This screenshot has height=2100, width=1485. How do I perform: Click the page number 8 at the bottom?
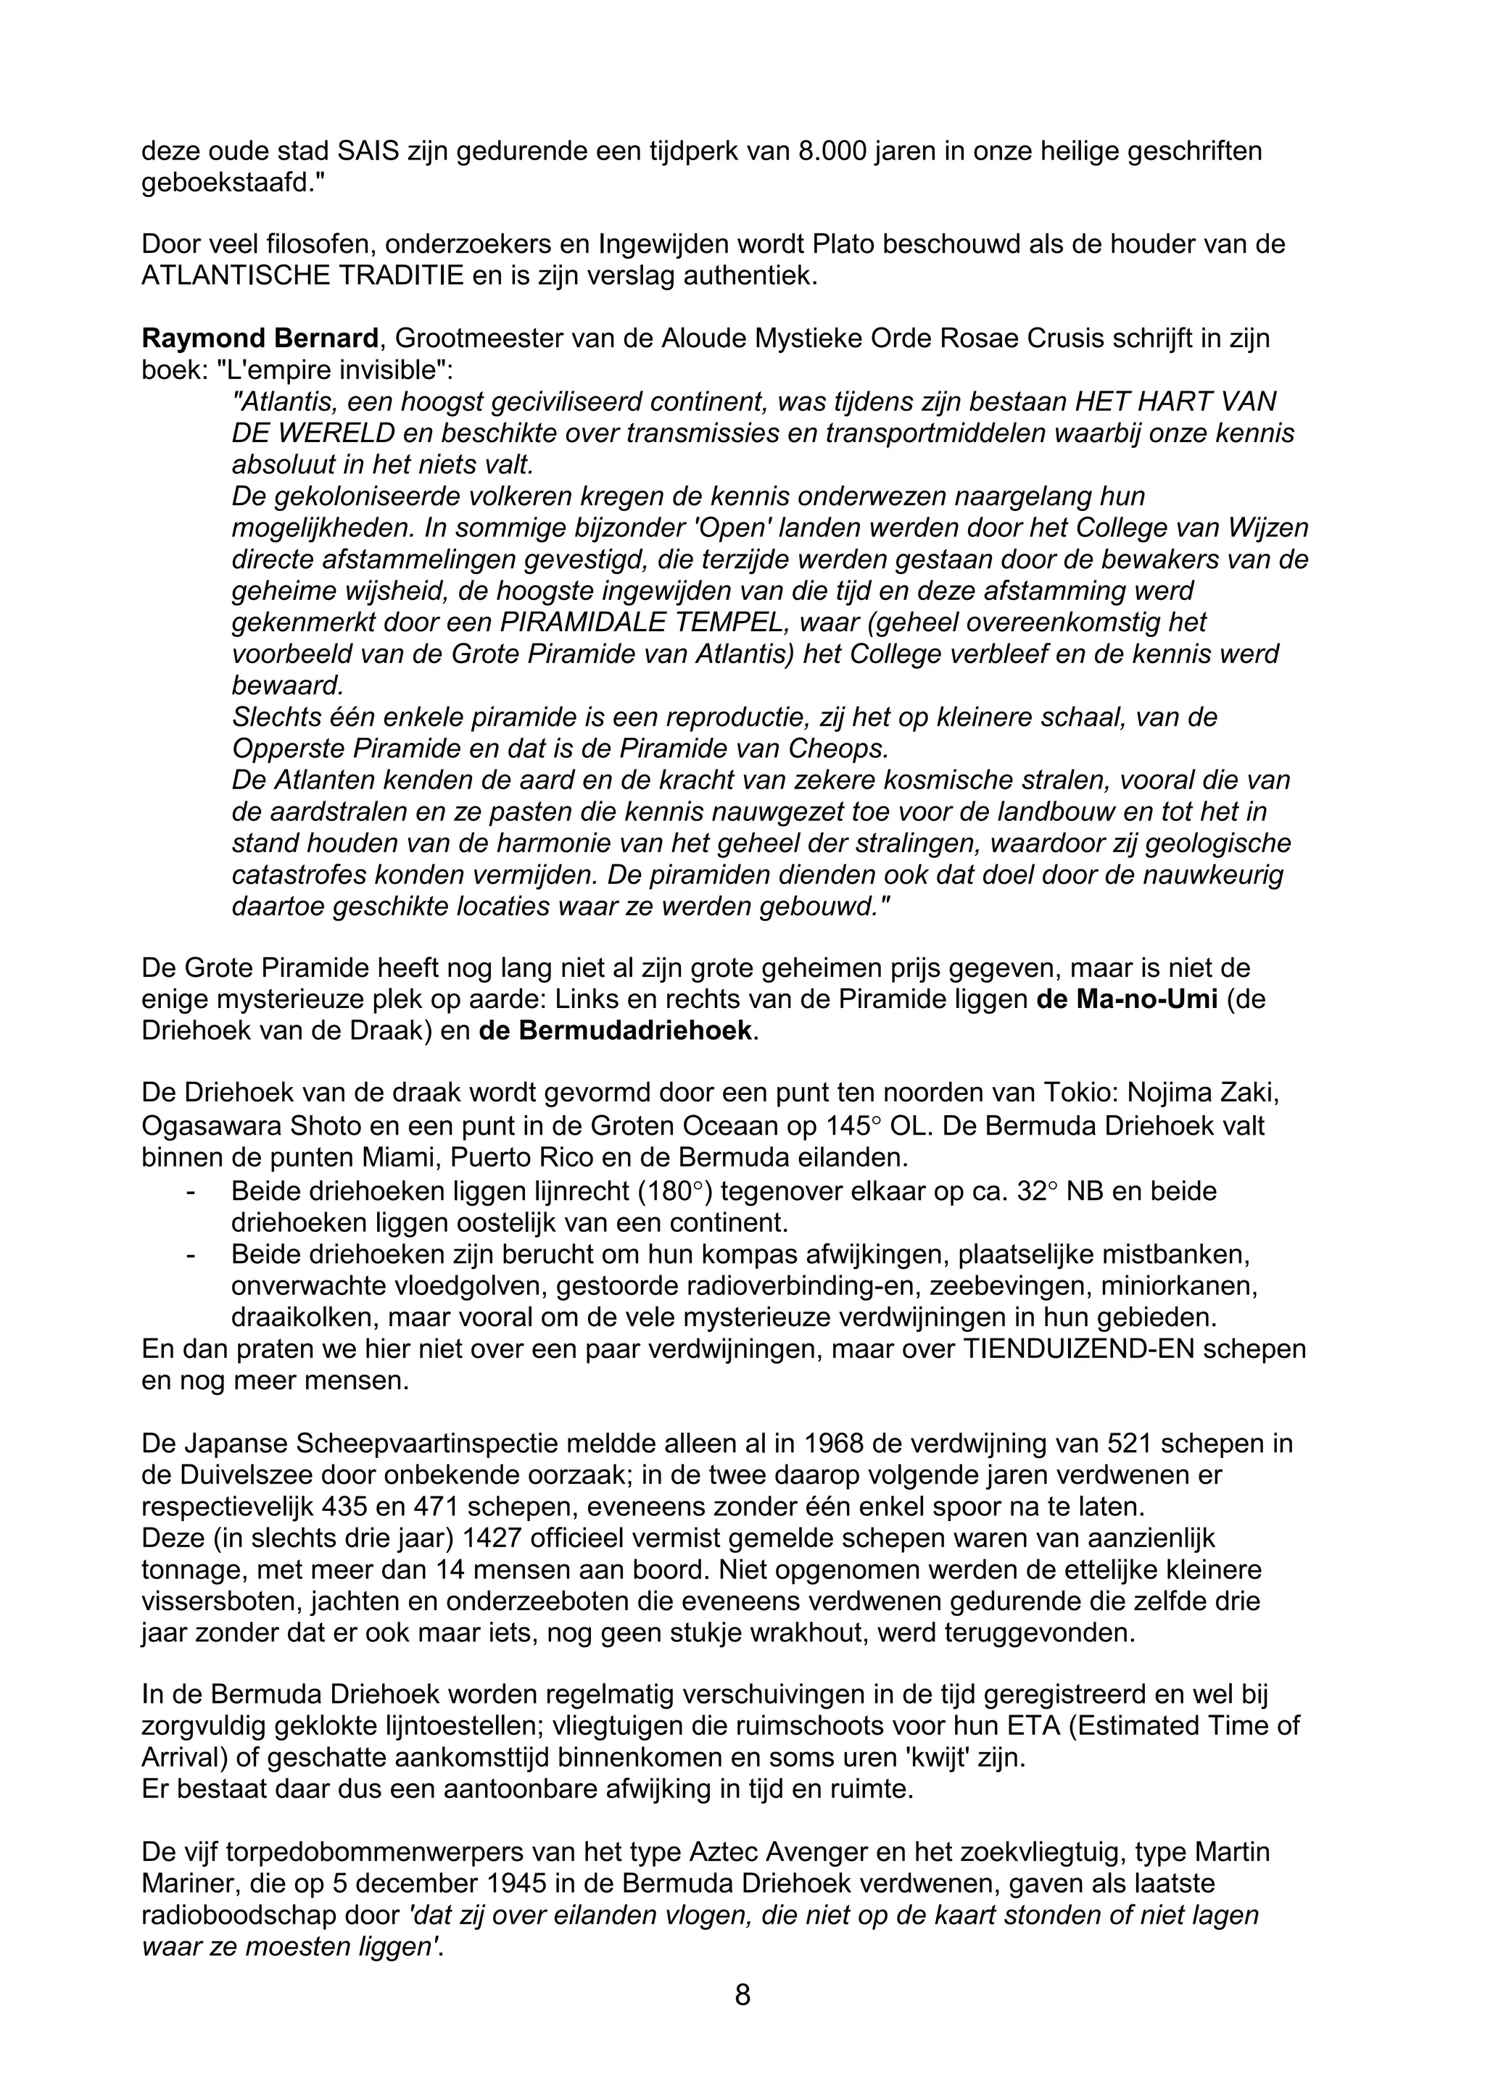click(742, 1994)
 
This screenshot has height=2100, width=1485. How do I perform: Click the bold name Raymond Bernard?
click(260, 338)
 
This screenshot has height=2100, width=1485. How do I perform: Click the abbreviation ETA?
click(1034, 1726)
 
